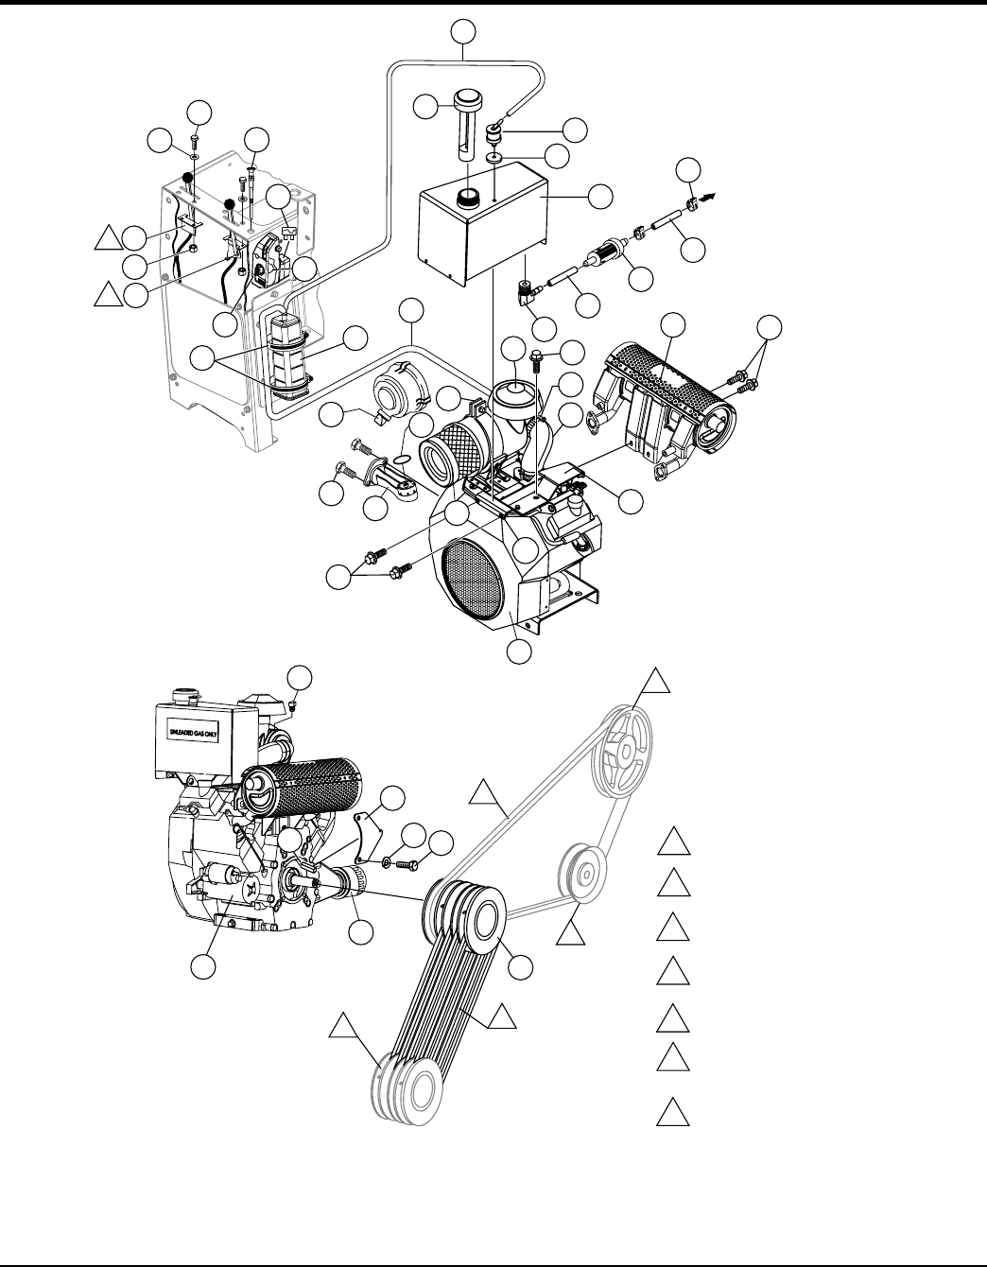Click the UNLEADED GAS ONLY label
(x=193, y=733)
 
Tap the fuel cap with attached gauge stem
(x=468, y=124)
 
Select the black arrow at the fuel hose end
(x=706, y=199)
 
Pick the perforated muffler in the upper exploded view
(x=665, y=401)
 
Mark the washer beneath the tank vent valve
(x=495, y=158)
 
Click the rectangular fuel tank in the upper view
(x=483, y=223)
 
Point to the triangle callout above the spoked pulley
(x=656, y=682)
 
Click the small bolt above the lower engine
(x=293, y=706)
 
